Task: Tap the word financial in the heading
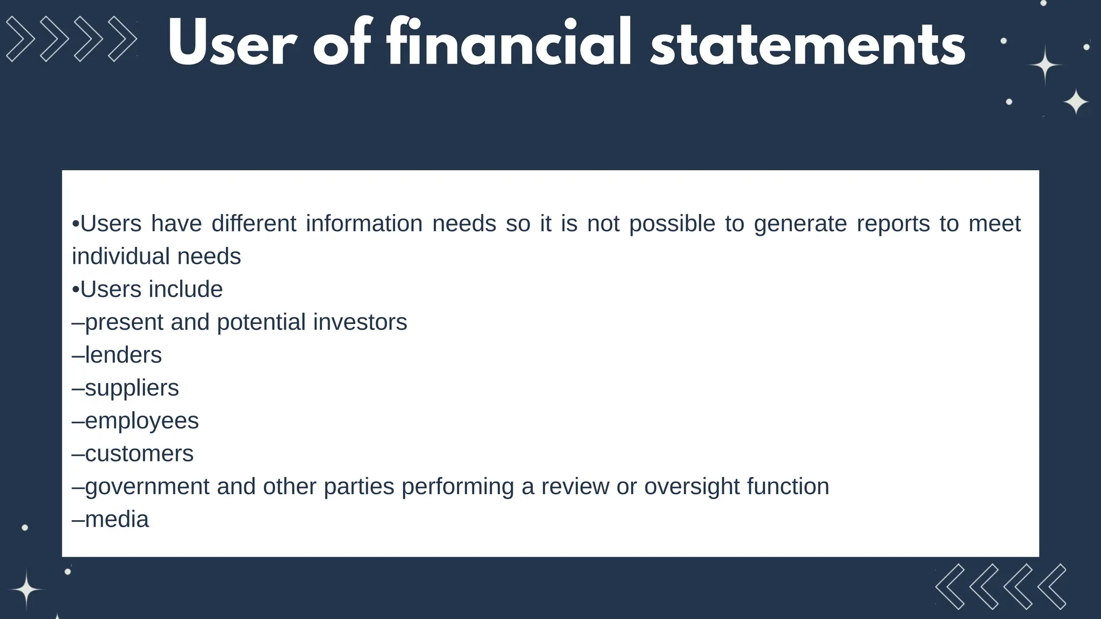click(509, 43)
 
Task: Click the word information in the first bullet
click(364, 224)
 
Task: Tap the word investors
click(360, 322)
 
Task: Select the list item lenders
click(123, 355)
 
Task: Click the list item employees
click(141, 421)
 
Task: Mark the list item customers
click(139, 454)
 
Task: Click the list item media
click(117, 520)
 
